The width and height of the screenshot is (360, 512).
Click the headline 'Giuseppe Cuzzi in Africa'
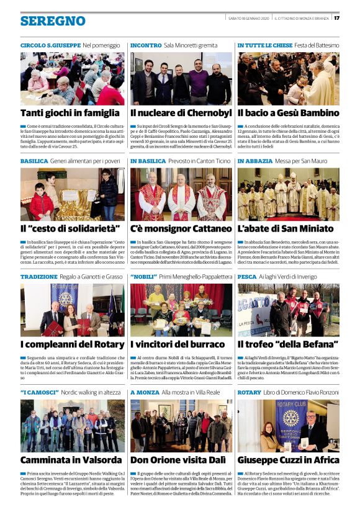(288, 460)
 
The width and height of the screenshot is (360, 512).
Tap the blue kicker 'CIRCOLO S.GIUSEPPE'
(50, 46)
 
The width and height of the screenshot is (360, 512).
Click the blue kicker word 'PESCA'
(246, 277)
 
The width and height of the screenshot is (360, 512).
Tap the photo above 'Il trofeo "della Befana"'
(288, 310)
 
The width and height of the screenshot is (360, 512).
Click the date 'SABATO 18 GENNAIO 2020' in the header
(250, 17)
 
